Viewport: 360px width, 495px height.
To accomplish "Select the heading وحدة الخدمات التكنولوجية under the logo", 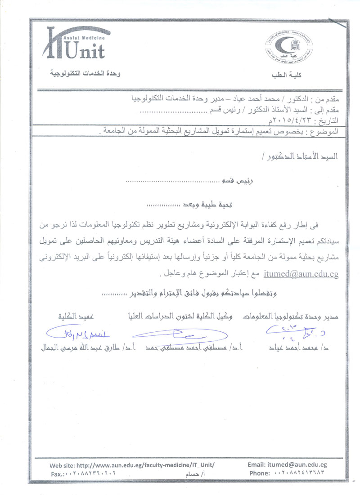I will click(85, 73).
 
